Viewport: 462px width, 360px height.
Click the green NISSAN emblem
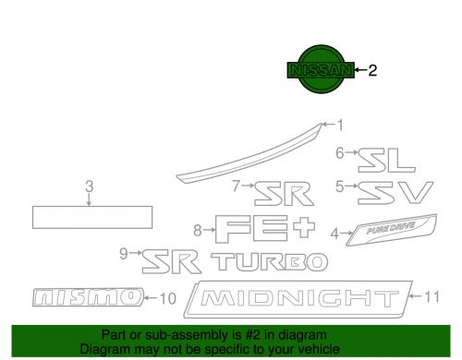coord(320,70)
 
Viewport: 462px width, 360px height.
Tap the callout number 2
coord(373,70)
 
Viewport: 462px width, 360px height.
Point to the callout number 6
coord(340,152)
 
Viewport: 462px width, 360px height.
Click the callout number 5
coord(340,186)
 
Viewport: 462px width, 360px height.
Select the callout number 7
coord(237,186)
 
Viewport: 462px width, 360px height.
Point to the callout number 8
coord(197,229)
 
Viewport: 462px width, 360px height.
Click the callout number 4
coord(334,234)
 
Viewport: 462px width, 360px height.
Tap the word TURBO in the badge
coord(269,261)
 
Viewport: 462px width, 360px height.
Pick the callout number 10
coord(166,297)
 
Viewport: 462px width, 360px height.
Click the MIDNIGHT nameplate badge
coord(297,299)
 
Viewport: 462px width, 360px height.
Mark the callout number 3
coord(89,187)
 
